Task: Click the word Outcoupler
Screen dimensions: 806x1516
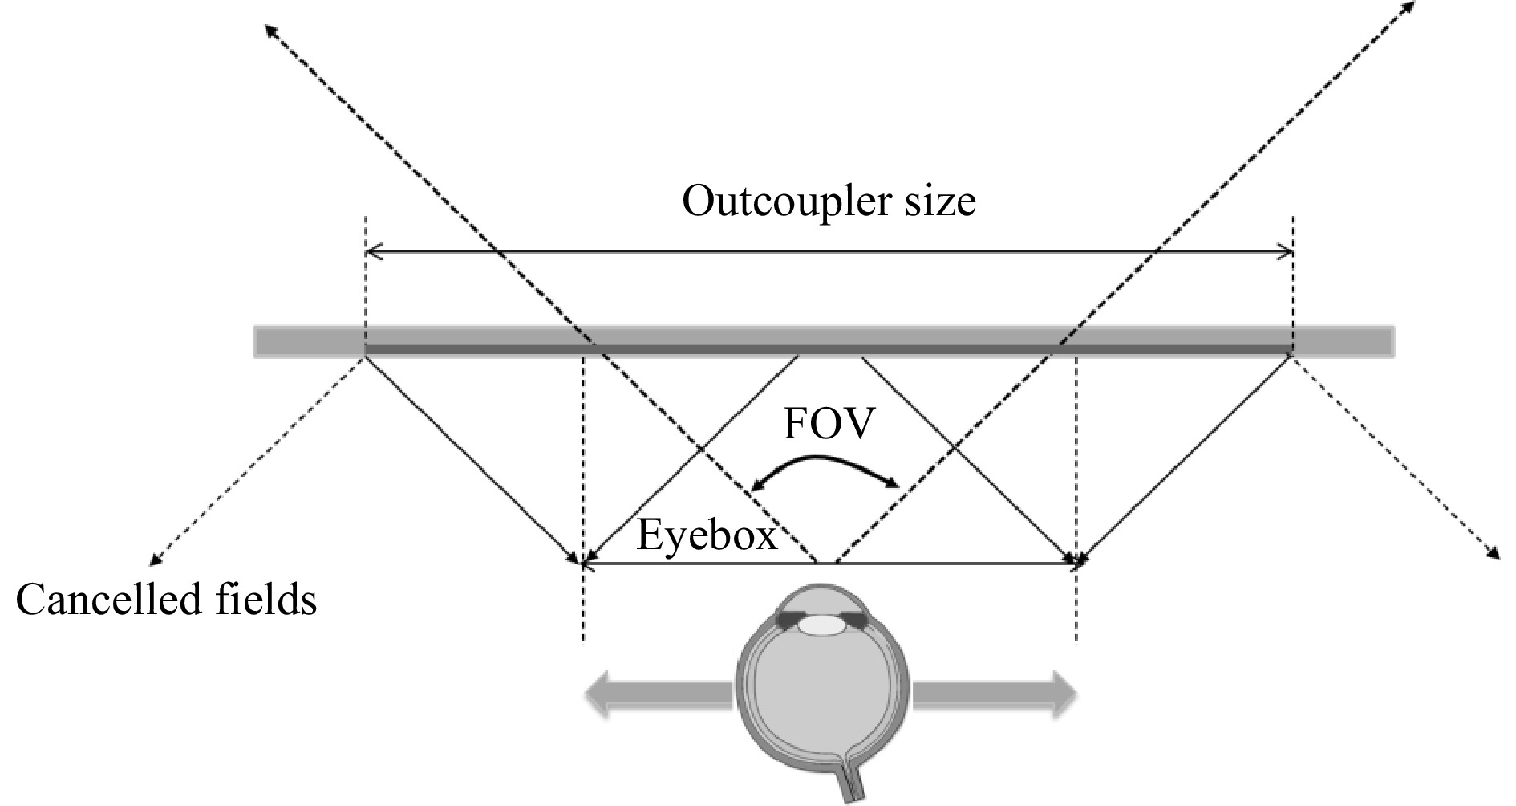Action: pos(778,201)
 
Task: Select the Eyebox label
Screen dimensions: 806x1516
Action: pos(707,535)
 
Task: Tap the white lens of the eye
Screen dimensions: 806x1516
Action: pos(819,624)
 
